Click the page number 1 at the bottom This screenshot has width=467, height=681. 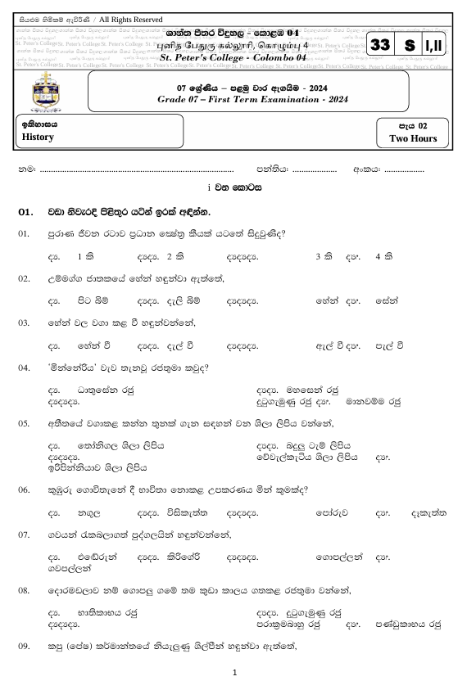pos(234,672)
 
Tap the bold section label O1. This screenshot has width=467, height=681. pos(25,212)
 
